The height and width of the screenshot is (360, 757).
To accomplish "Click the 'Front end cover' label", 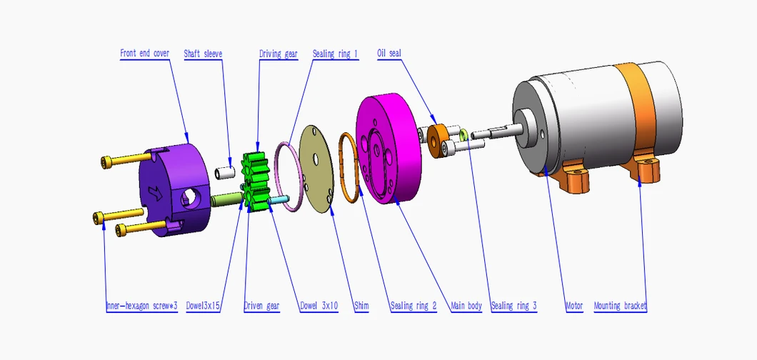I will [145, 54].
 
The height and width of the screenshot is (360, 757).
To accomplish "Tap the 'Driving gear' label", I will [278, 54].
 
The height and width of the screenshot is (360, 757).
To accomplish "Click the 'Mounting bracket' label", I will [620, 306].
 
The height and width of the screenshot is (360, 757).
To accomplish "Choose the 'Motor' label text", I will [574, 306].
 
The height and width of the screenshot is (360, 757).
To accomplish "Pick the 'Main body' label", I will [466, 306].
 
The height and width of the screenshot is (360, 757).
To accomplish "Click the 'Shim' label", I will [361, 306].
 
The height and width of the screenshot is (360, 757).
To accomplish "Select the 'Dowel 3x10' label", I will [319, 306].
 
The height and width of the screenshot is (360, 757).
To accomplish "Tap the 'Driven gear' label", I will [261, 306].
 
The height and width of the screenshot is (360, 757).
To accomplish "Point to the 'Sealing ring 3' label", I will [513, 306].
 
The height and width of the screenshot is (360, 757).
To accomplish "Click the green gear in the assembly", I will [255, 179].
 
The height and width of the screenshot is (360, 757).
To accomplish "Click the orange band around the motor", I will [640, 107].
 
